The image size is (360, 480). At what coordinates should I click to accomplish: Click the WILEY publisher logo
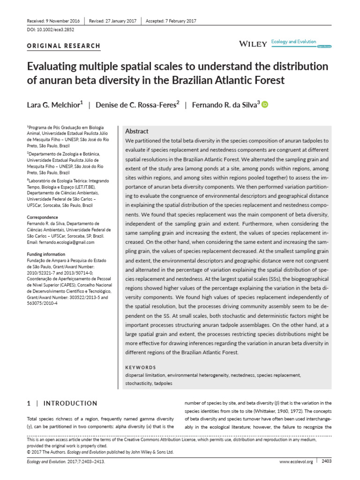(x=253, y=44)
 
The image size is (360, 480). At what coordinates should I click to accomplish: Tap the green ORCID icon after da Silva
(x=264, y=105)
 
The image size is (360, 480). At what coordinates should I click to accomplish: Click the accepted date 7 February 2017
(x=178, y=21)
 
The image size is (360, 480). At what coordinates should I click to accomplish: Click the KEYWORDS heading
(x=141, y=367)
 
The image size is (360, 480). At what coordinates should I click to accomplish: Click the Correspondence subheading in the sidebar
(x=43, y=217)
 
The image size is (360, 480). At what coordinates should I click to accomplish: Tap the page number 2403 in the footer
(x=327, y=461)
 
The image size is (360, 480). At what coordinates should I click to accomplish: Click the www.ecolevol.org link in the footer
(x=296, y=462)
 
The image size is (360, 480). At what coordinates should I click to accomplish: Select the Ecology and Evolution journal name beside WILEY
(x=295, y=42)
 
